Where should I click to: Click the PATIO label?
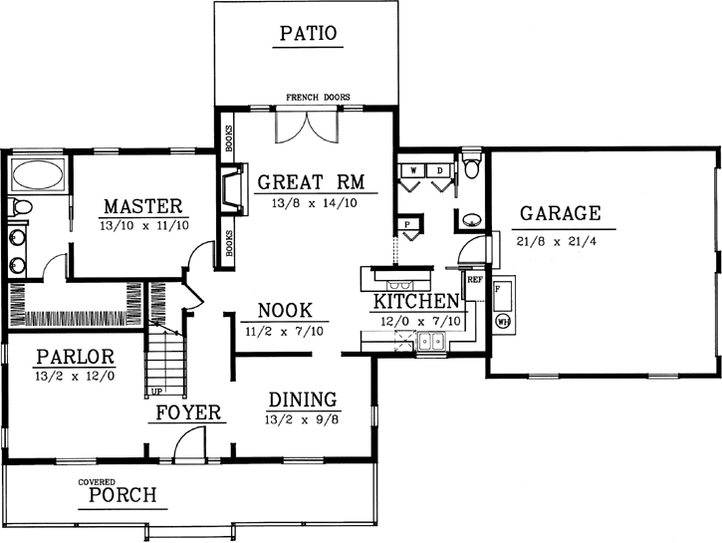point(308,33)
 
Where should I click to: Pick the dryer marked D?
point(439,171)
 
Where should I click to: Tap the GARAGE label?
point(560,212)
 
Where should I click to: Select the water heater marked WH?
point(503,321)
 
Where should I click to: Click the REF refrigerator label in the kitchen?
point(474,280)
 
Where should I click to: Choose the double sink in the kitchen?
point(432,343)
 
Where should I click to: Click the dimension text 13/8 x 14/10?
point(309,201)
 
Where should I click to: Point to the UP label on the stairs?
point(156,391)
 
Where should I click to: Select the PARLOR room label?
point(76,357)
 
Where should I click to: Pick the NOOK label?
point(285,310)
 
